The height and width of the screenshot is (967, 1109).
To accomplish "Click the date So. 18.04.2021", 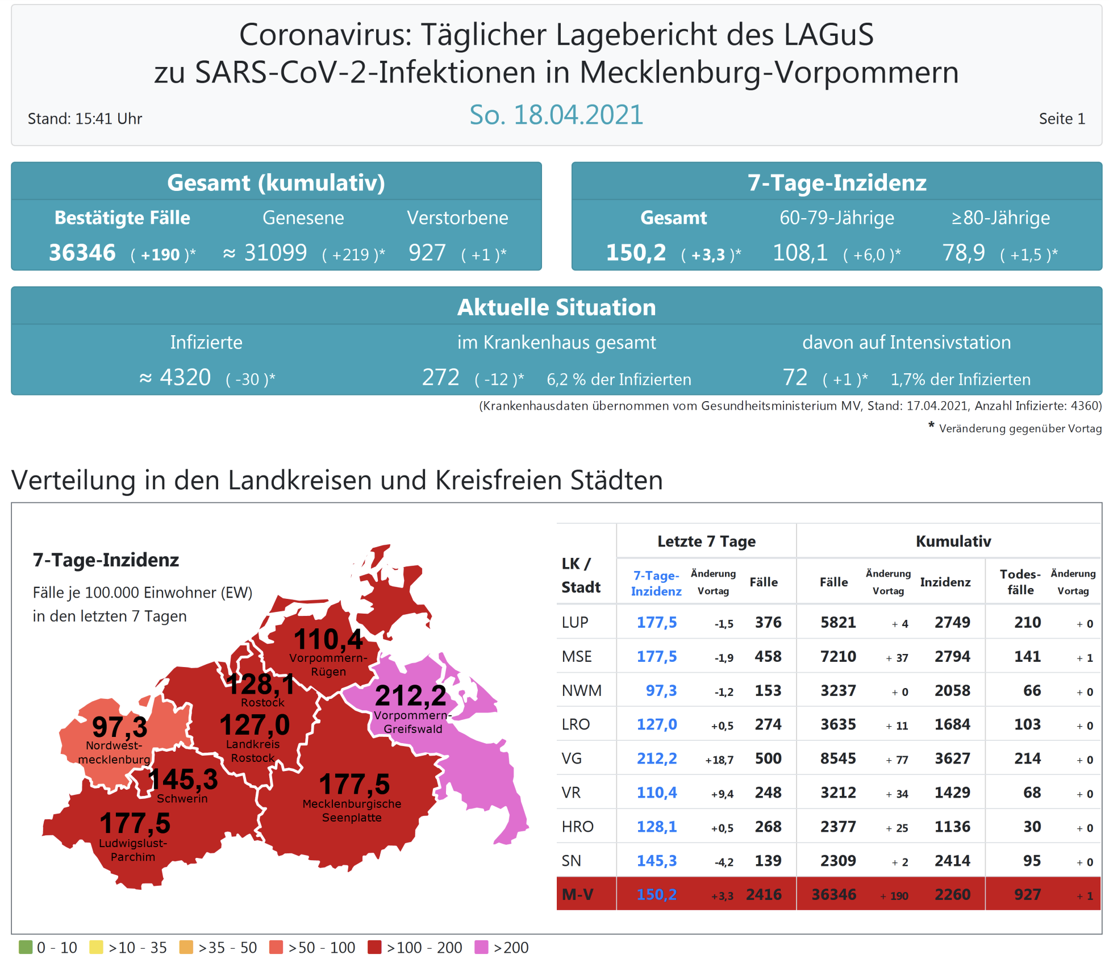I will coord(556,115).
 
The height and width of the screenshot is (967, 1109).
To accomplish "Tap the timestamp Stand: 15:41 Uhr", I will coord(85,119).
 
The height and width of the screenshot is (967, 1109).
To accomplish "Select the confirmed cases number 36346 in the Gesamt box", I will coord(82,253).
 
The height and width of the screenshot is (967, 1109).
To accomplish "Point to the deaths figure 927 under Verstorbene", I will coord(427,253).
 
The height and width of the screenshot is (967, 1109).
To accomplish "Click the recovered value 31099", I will coord(276,253).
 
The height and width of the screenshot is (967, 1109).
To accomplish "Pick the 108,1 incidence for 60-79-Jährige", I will coord(800,253).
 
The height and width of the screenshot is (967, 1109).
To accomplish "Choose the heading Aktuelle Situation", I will coord(556,307).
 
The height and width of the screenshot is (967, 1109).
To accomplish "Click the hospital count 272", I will coord(440,378).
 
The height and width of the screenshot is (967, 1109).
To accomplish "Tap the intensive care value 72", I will coord(795,378).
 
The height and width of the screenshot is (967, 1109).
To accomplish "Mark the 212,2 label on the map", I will coord(411,695).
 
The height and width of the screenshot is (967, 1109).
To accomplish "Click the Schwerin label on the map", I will coord(182,799).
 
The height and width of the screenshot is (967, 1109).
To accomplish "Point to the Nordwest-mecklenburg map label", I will coord(114,752).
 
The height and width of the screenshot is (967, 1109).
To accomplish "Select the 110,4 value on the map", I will coord(328,640).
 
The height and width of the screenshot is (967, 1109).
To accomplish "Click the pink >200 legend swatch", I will coord(481,947).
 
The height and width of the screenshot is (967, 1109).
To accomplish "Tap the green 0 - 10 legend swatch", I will coord(26,947).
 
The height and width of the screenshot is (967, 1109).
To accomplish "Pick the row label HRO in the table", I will coord(577,827).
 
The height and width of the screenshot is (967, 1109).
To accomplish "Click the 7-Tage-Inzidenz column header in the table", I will coord(656,583).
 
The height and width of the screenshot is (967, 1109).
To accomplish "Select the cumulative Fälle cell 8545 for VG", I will coord(838,758).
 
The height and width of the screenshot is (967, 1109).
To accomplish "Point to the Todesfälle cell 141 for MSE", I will coord(1027,657).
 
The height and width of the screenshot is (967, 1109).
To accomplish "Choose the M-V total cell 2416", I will coord(764,895).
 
